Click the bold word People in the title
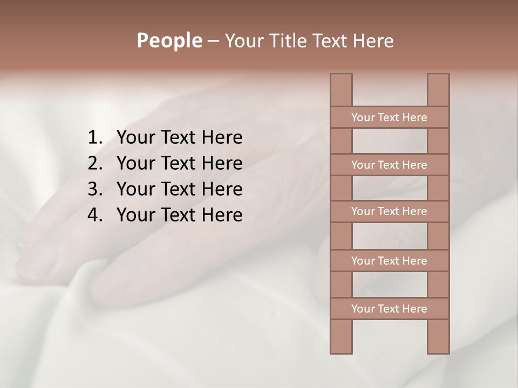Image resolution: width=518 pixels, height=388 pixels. [169, 41]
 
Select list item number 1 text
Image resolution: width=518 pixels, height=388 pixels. [179, 138]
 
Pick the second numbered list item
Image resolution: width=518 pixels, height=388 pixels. [179, 163]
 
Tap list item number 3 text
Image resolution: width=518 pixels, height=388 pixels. [179, 189]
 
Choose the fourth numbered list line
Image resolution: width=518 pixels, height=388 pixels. [179, 215]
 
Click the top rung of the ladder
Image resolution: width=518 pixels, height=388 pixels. [389, 117]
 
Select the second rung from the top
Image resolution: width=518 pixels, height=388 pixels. [389, 165]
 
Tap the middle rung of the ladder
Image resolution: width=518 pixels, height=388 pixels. [389, 211]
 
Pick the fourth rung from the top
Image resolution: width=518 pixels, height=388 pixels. [389, 261]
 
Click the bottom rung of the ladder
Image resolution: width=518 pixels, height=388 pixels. [389, 309]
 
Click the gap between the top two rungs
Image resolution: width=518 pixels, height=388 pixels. [390, 141]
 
